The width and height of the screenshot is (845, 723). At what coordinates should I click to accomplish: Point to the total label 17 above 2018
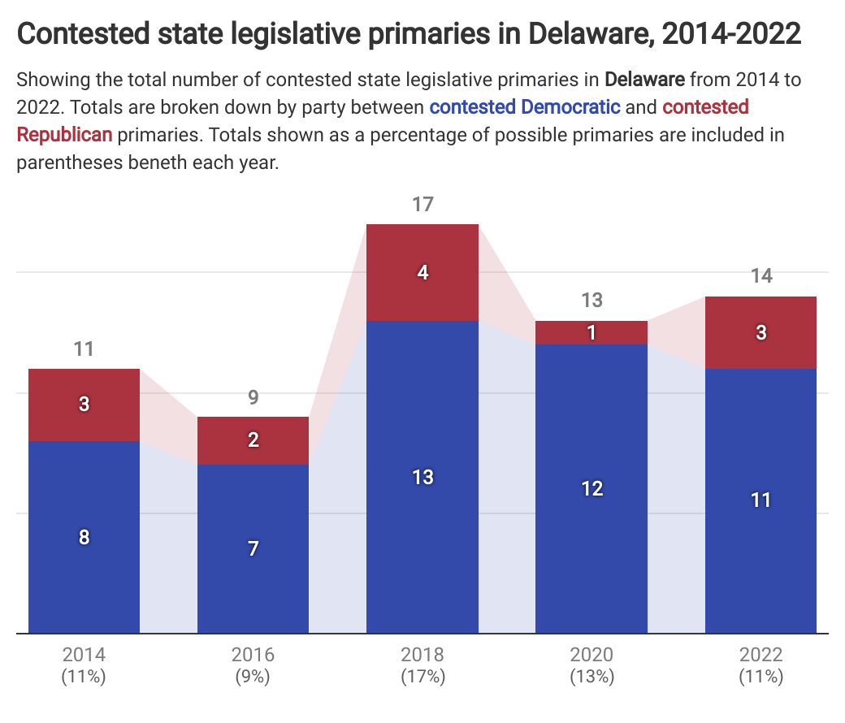(422, 204)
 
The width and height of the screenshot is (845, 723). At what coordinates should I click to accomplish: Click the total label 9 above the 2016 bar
(253, 397)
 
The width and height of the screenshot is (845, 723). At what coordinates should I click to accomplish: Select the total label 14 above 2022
(760, 276)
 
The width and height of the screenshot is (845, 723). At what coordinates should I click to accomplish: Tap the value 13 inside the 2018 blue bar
(422, 477)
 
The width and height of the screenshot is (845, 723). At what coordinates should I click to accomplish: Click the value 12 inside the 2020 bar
(591, 488)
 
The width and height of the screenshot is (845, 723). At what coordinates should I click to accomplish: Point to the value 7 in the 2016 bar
(253, 549)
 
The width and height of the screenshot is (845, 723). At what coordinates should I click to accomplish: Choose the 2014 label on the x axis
(84, 655)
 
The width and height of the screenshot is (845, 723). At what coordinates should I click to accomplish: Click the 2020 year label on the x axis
(591, 655)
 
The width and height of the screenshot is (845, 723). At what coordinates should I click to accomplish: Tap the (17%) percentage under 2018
(422, 676)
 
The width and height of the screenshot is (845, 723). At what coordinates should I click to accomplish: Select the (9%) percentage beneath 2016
(253, 676)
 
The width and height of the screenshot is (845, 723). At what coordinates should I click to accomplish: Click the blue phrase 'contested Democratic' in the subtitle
(525, 106)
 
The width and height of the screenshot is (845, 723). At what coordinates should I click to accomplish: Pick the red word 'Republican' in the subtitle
(64, 134)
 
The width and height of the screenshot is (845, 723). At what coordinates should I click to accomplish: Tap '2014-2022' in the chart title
(731, 34)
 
